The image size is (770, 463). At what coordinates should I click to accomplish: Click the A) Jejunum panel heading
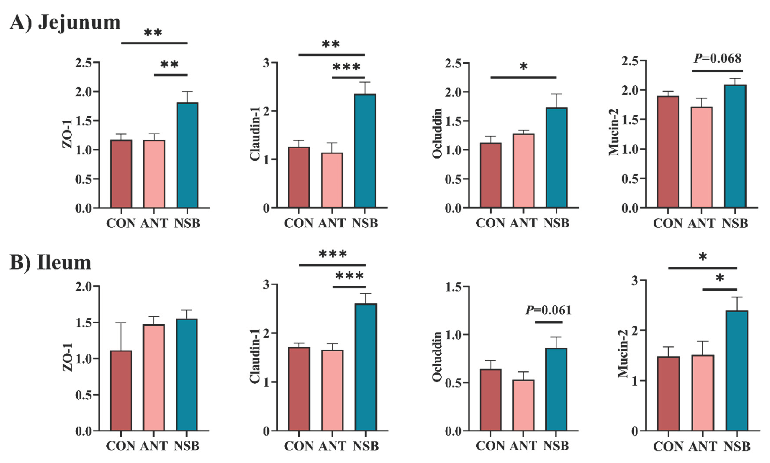point(65,22)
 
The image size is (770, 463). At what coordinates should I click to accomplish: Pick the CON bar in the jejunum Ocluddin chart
point(491,175)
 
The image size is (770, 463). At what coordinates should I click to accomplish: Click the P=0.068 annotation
point(717,58)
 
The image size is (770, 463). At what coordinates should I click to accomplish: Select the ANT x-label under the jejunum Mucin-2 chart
point(701,224)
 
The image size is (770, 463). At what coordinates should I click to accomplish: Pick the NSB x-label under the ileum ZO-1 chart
point(186,446)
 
